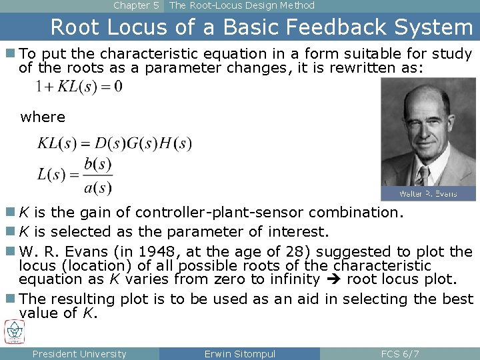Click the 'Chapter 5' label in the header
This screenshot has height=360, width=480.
pos(136,5)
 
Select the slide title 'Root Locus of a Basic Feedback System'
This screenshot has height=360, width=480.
pos(261,27)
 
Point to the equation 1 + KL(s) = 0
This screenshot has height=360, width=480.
pos(79,86)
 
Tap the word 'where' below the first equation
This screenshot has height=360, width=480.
pos(43,117)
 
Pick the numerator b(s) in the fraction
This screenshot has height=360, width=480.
pos(98,164)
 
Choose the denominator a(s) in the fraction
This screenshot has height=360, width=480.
pos(98,188)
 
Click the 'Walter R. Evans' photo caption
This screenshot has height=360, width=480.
pos(428,193)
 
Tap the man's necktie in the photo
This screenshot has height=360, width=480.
pos(422,176)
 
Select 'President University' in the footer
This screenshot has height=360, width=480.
pos(79,354)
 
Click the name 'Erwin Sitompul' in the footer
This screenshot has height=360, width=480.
pos(240,354)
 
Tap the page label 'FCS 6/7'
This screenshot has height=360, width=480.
pos(400,354)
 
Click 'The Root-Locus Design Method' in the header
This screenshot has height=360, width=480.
pos(242,5)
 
